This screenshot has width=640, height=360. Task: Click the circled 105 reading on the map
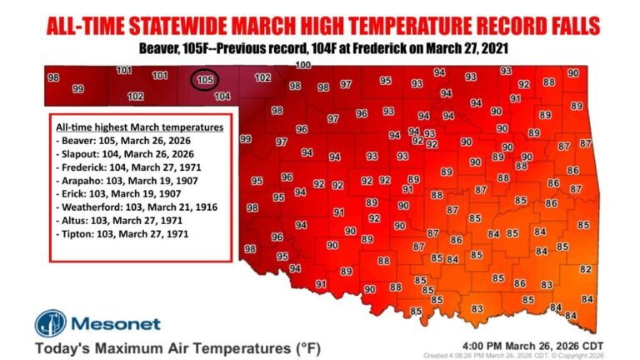[x=205, y=81]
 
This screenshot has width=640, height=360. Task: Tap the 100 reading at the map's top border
[x=303, y=65]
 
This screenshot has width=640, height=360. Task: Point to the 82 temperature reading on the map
[x=586, y=268]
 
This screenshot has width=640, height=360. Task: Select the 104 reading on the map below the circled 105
[x=222, y=97]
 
